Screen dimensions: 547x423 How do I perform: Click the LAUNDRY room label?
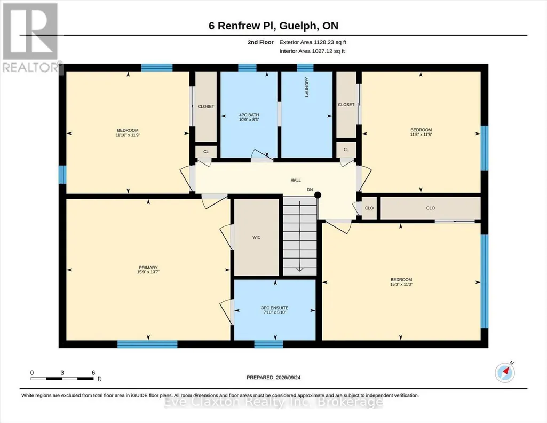307,87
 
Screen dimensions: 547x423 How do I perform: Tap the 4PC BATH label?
249,115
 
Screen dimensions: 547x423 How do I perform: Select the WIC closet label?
256,237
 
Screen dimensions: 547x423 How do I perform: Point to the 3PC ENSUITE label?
275,308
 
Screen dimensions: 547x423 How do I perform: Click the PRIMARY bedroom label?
148,268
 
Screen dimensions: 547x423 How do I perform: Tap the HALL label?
296,181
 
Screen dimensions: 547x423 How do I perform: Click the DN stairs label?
310,190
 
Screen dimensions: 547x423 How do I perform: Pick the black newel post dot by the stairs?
318,195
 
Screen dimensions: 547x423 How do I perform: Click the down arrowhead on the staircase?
300,269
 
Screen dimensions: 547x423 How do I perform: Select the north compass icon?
505,373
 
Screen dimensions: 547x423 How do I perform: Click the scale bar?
62,379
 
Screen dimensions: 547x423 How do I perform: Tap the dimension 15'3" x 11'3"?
401,285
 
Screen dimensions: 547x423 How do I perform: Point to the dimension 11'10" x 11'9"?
128,135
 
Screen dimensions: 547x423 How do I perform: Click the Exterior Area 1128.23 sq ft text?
313,42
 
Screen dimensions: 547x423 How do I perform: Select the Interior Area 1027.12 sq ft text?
312,51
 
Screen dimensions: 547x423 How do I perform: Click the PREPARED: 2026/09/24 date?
273,378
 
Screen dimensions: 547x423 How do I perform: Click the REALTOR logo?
31,38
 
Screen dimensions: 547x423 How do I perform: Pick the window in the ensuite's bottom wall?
268,344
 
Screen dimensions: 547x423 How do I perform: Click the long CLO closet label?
431,208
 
